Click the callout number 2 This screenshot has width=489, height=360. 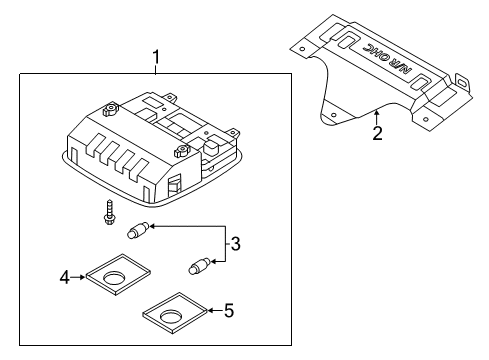pyautogui.click(x=377, y=133)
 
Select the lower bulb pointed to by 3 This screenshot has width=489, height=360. pyautogui.click(x=196, y=267)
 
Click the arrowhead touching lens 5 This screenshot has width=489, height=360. pyautogui.click(x=211, y=312)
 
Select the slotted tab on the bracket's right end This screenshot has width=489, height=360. pyautogui.click(x=462, y=82)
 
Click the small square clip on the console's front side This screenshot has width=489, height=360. pyautogui.click(x=174, y=184)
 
